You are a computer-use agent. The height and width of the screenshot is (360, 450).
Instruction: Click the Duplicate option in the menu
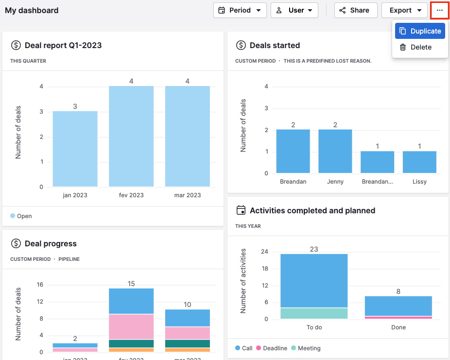point(420,31)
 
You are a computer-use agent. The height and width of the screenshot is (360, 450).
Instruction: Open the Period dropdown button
point(240,10)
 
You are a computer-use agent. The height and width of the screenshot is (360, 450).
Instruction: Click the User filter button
point(294,10)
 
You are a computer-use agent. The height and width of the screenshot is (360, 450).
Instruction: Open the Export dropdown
point(404,10)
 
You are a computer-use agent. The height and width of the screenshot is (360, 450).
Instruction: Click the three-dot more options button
point(439,10)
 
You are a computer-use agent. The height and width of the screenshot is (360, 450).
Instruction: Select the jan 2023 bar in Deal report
point(75,149)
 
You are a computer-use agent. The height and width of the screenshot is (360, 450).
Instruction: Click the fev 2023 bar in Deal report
point(131,137)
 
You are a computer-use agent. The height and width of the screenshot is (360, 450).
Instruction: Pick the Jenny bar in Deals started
point(335,151)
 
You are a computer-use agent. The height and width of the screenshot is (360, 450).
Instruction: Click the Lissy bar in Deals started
point(419,162)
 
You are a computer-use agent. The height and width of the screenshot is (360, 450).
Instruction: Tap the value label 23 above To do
point(314,249)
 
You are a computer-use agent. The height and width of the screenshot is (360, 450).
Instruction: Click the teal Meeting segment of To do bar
point(314,313)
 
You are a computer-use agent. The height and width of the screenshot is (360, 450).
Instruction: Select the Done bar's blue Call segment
point(398,306)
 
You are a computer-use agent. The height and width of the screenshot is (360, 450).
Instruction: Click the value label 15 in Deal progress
point(131,284)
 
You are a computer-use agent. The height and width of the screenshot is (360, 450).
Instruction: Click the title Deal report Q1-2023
point(63,45)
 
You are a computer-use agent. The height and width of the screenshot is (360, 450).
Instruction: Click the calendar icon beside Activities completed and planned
point(241,210)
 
